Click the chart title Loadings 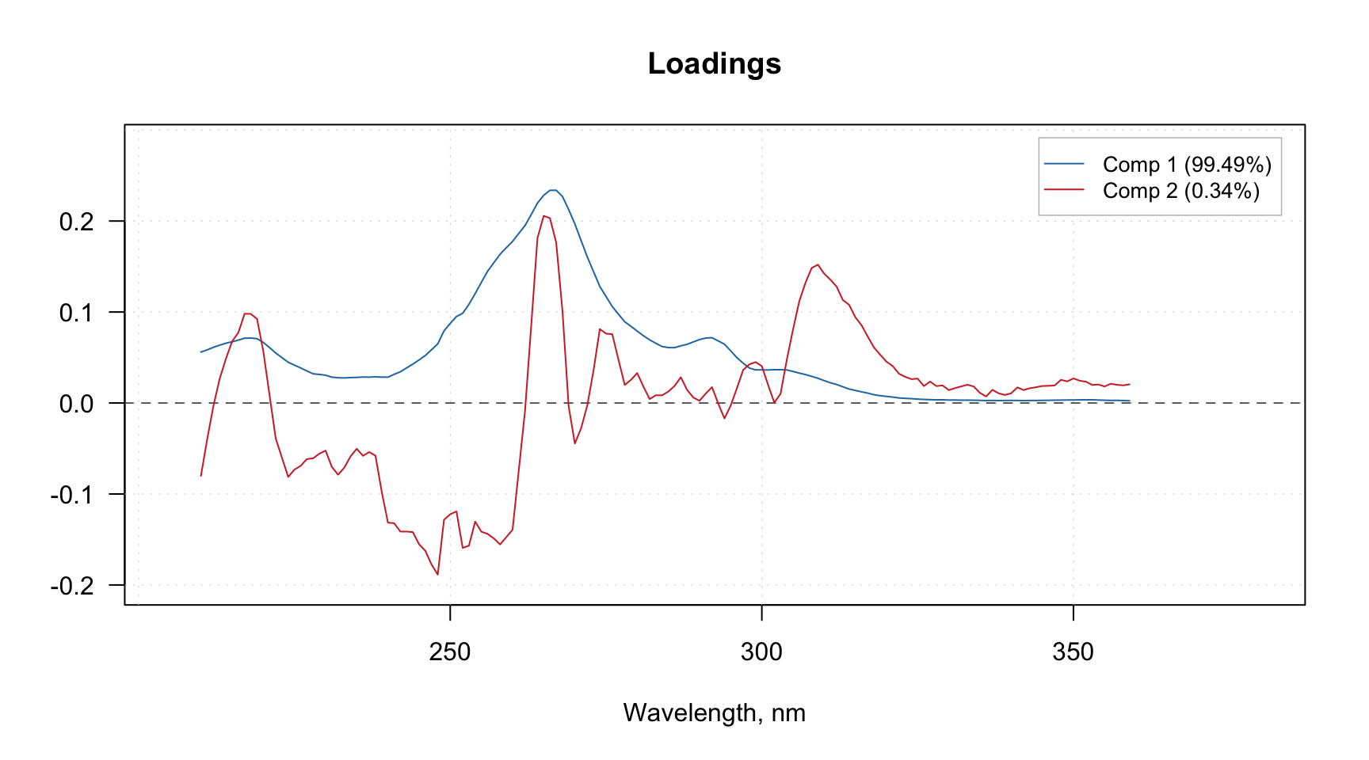(714, 64)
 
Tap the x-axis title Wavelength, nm (714, 712)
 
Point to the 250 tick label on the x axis (450, 652)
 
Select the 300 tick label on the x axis (761, 652)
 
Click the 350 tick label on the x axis (1073, 652)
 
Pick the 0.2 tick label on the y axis (76, 222)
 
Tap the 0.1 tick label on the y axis (76, 313)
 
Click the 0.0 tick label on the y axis (76, 404)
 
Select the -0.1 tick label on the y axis (72, 495)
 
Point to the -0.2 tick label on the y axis (72, 586)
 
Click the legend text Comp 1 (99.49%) (1187, 165)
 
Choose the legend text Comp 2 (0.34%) (1180, 191)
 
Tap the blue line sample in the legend (1064, 164)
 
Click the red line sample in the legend (1064, 190)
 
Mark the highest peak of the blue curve (553, 190)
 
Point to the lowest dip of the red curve (437, 575)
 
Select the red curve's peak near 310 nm (818, 264)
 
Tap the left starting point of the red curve (201, 476)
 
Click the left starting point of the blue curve (201, 351)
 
